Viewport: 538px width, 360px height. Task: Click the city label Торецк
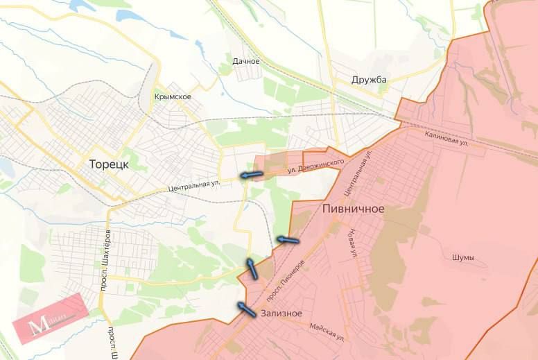(x=110, y=165)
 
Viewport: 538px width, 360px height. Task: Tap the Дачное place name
(x=246, y=61)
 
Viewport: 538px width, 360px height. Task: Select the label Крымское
(x=173, y=96)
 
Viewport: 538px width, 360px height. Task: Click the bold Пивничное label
(x=354, y=208)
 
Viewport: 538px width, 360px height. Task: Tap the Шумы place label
(x=463, y=258)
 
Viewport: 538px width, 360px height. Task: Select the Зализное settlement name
(x=281, y=314)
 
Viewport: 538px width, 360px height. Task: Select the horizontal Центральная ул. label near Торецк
(x=194, y=186)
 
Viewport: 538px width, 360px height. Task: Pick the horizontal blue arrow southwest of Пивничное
(x=288, y=241)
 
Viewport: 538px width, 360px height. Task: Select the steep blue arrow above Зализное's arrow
(x=251, y=268)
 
